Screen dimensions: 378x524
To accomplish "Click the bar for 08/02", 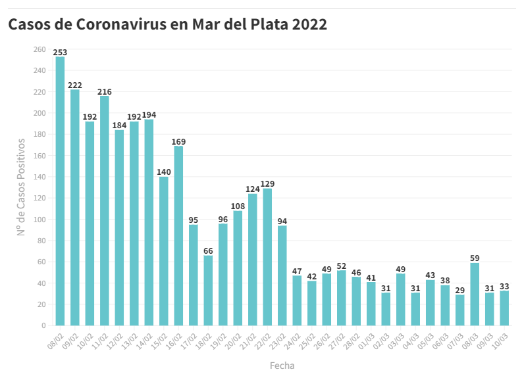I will (x=60, y=191).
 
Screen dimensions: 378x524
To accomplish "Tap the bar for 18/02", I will (x=208, y=290).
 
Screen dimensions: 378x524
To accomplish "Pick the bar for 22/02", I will (x=267, y=257).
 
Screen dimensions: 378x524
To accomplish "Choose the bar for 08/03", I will (x=475, y=294).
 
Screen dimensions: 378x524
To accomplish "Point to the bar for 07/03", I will (x=459, y=310).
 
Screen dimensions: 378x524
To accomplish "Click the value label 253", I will (x=60, y=52).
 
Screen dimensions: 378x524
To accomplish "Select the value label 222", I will (x=75, y=85).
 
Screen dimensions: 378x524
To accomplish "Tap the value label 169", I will (x=178, y=141).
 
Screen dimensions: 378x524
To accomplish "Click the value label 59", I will (x=475, y=258).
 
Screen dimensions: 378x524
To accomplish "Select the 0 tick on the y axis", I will (x=43, y=325).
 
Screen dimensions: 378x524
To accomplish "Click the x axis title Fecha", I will (x=282, y=365).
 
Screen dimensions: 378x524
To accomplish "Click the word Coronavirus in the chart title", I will (x=131, y=25).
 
